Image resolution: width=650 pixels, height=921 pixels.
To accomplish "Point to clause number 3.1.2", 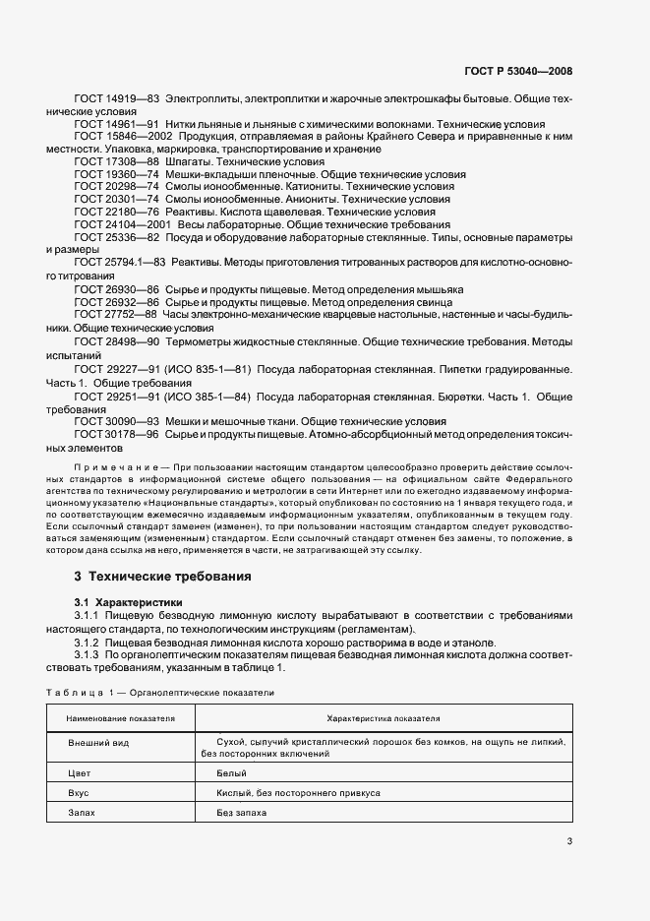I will (x=89, y=643).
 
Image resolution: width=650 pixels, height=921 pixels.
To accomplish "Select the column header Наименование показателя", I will (x=121, y=719).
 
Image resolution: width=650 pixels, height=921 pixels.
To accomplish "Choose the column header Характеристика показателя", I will (x=383, y=719).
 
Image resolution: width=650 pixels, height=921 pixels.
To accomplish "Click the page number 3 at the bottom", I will (x=569, y=841).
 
